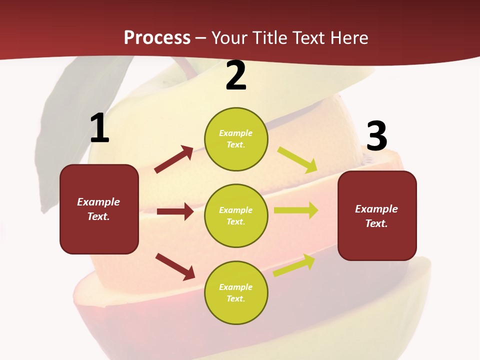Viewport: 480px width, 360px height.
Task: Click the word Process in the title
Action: point(157,38)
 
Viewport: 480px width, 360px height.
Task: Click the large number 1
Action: point(99,128)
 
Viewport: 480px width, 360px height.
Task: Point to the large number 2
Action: point(236,76)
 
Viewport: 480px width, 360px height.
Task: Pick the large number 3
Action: point(376,136)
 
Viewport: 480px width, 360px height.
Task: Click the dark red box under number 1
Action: point(99,209)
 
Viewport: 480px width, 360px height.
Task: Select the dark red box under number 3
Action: point(377,215)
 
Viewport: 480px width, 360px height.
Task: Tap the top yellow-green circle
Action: point(236,139)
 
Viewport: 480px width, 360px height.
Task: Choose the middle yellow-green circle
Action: point(236,215)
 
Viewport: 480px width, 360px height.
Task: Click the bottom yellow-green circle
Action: point(236,292)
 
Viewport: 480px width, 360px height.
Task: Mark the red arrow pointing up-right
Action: point(174,159)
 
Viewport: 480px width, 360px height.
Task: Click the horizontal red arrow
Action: point(175,211)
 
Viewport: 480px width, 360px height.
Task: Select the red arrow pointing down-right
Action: point(175,266)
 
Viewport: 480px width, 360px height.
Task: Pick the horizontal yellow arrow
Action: point(296,210)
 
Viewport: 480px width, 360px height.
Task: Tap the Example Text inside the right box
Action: point(376,216)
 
